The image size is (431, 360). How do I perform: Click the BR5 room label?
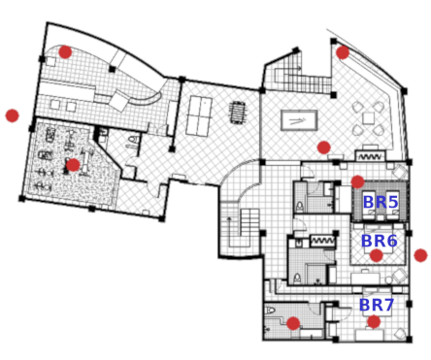tap(381, 202)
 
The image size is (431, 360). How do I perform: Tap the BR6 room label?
tap(379, 241)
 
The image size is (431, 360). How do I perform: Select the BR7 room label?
tap(377, 305)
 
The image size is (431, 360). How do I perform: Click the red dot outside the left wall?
tap(13, 115)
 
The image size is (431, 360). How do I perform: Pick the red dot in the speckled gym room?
tap(73, 165)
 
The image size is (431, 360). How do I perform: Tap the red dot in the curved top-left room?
tap(65, 51)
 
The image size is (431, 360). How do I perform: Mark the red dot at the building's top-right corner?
tap(343, 52)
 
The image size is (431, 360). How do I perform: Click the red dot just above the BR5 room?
tap(357, 181)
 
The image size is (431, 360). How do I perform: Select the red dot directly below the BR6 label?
tap(376, 255)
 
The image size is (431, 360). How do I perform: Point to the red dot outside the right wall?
tap(420, 255)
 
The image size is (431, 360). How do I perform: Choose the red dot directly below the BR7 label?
tap(374, 321)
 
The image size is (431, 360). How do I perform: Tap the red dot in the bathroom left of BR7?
tap(293, 323)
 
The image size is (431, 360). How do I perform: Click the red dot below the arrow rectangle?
tap(323, 147)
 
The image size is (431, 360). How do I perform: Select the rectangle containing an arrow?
tap(299, 120)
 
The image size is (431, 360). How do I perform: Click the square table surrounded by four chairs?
tap(368, 117)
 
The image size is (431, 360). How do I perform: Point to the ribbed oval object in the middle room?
tap(238, 113)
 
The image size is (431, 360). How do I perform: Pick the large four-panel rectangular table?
tap(199, 115)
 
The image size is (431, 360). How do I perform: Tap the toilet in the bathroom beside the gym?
tap(133, 140)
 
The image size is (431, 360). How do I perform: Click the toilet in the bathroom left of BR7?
tap(270, 311)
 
